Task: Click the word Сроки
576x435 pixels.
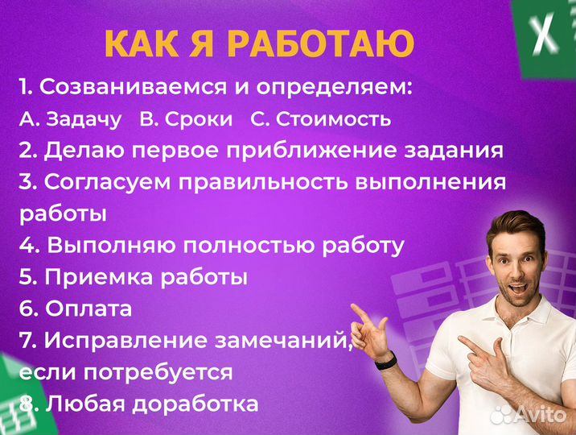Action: click(198, 119)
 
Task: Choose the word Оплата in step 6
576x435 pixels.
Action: click(88, 308)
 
